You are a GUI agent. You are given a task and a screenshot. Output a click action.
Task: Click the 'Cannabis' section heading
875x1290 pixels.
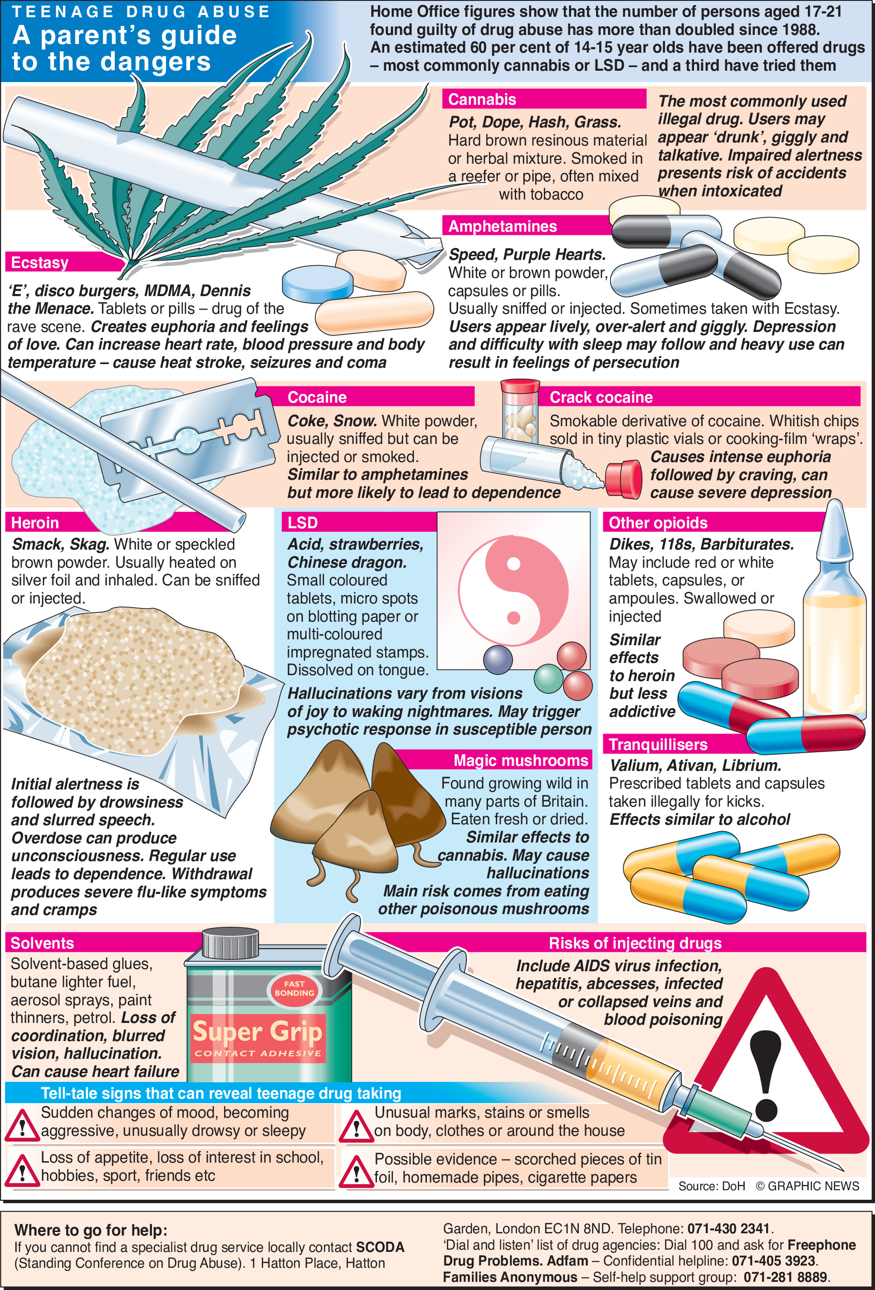(x=482, y=100)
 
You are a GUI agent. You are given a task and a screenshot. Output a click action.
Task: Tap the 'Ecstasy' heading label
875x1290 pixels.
(x=39, y=263)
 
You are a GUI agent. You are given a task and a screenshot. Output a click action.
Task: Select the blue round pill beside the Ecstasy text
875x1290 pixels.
(x=318, y=283)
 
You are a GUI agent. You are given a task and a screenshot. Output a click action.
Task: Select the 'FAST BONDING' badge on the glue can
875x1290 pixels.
(x=294, y=988)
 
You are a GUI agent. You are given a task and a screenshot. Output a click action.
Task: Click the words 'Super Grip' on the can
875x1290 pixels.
(x=257, y=1032)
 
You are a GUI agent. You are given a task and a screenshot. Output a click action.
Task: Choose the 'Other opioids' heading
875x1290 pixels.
(x=658, y=523)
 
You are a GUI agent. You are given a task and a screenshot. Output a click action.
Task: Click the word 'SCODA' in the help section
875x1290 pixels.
(x=380, y=1247)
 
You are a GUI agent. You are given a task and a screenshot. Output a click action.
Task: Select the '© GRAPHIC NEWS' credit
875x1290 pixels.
(x=807, y=1186)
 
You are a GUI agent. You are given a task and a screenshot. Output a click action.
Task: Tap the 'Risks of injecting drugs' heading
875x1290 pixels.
(x=635, y=943)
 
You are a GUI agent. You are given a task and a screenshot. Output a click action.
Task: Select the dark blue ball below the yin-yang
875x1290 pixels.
(x=498, y=659)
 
